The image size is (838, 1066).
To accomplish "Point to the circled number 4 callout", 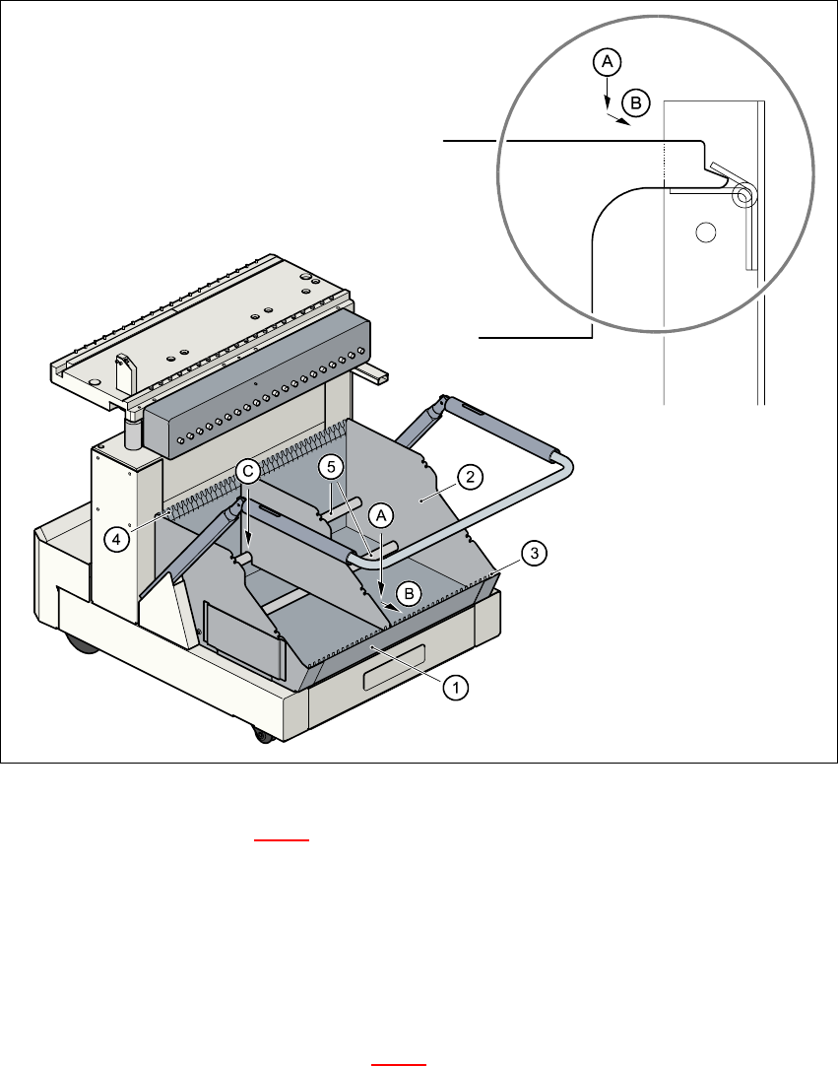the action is (118, 540).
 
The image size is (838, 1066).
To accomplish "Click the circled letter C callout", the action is (248, 472).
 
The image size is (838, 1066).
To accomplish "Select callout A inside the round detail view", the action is (607, 62).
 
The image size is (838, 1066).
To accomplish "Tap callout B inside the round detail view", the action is (636, 101).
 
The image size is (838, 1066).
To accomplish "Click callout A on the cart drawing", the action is (381, 514).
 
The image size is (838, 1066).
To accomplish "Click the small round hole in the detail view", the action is (704, 233).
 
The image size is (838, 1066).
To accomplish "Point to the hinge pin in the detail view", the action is (743, 196).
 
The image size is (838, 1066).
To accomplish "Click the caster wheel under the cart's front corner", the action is (261, 735).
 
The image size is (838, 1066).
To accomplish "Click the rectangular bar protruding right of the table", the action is (373, 375).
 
